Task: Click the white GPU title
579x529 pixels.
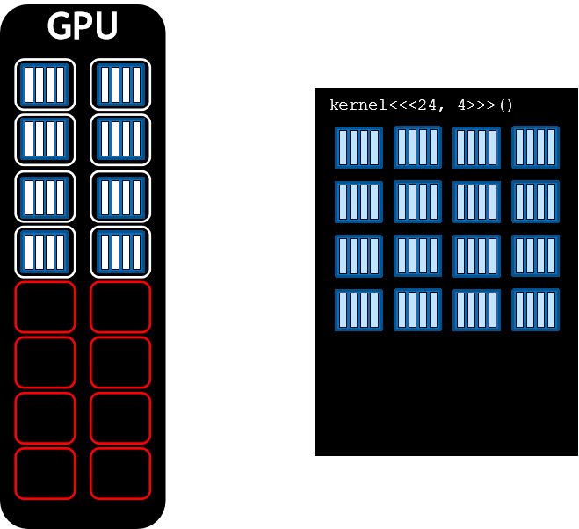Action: coord(83,26)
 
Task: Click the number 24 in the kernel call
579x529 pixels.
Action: coord(427,105)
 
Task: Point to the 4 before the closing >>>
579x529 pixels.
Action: coord(461,105)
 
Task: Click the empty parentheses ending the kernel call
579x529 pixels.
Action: coord(505,105)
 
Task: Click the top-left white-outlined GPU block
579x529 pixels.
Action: coord(45,84)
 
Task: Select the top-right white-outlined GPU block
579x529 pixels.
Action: coord(120,84)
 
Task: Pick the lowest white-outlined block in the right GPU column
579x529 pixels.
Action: coord(120,251)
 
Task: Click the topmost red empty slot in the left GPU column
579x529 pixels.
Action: coord(45,307)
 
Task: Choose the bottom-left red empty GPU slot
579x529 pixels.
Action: coord(45,474)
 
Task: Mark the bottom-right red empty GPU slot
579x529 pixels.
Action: coord(120,474)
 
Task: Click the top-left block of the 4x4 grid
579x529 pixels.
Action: coord(358,148)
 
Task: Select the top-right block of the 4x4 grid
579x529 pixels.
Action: coord(535,147)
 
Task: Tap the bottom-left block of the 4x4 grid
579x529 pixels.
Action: coord(358,310)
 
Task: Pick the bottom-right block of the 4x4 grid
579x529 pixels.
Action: coord(535,310)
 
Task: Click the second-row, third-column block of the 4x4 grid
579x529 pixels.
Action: coord(476,201)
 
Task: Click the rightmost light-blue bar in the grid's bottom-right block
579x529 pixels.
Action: coord(552,310)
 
